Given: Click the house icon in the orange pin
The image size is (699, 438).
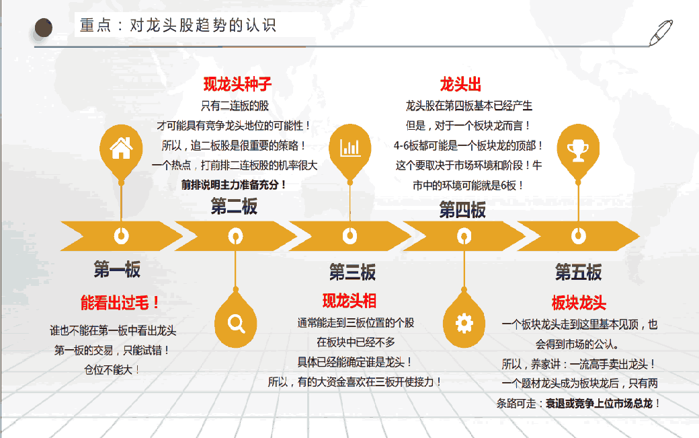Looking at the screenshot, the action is coord(121,148).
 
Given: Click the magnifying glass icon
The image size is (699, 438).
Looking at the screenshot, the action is coord(236,324).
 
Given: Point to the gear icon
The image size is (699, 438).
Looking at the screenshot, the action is coord(464,324).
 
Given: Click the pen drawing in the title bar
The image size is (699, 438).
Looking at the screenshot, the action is coord(661,32).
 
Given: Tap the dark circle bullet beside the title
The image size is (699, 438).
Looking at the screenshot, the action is coord(44,28).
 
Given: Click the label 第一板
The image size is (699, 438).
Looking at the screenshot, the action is coord(117,269).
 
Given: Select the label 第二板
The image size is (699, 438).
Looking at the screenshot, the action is coord(234,207).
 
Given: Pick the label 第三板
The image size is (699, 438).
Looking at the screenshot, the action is coord(352,272).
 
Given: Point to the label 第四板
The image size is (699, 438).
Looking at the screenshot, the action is coord(462,210).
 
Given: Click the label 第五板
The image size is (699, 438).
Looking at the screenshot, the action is coord(578,272).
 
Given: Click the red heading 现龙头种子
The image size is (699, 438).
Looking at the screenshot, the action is coord(237,84).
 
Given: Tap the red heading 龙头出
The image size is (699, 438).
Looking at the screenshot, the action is coord(460,84).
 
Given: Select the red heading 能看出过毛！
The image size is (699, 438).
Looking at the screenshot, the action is coord(120,302).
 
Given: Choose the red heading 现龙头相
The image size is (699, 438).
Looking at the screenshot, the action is coord(349,301).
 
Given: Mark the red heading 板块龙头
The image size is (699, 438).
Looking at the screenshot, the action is coord(579,303).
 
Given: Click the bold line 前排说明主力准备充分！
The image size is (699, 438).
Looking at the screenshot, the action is coord(234,184).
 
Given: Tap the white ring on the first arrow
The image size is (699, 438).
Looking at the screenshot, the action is coord(121,235).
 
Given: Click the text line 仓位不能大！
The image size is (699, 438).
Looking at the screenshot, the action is coord(112,369).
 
